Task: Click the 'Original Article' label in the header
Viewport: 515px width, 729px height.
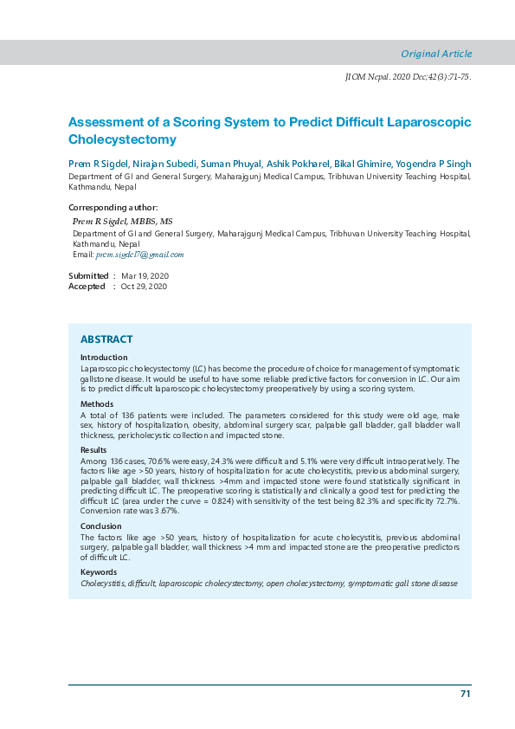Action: click(436, 54)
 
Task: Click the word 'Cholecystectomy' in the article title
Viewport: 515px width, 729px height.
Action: click(122, 139)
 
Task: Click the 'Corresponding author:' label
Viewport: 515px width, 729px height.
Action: click(113, 208)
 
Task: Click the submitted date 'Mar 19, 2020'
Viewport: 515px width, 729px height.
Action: click(145, 275)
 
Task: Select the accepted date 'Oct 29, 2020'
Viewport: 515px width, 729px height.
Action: click(144, 287)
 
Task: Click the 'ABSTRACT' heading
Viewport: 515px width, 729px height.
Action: click(106, 339)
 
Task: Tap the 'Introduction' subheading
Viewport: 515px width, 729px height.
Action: click(104, 358)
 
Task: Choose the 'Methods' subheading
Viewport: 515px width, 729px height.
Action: click(97, 404)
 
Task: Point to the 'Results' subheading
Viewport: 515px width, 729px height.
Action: click(93, 451)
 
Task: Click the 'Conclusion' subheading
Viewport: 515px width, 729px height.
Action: click(101, 526)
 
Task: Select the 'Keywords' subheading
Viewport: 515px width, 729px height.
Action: click(99, 573)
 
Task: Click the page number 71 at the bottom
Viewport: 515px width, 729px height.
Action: click(465, 694)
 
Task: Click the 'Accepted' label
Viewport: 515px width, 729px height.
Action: click(87, 287)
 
